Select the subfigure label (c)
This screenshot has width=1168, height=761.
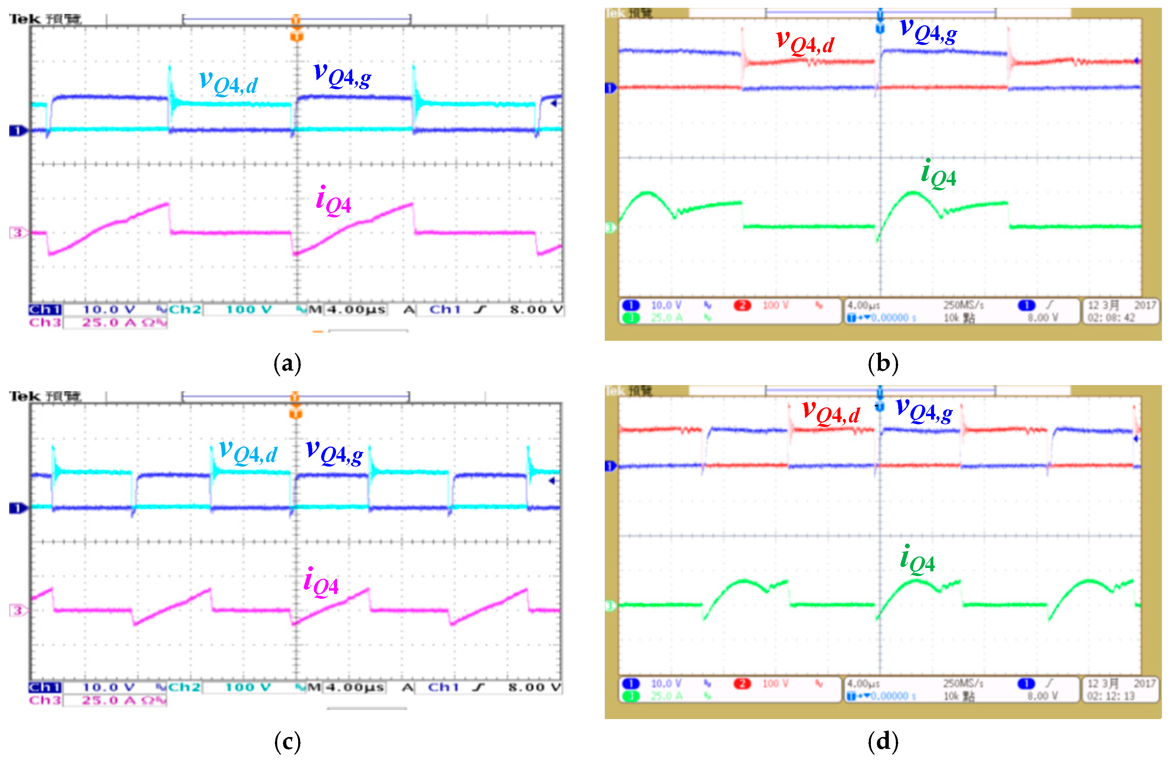(x=287, y=742)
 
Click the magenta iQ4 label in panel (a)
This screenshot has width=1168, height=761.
(x=334, y=201)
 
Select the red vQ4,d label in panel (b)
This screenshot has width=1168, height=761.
(x=805, y=41)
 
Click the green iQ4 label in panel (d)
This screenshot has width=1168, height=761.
(x=917, y=560)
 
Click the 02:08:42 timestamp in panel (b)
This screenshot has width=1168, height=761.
(x=1111, y=318)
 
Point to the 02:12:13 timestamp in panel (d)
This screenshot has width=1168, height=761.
(x=1111, y=696)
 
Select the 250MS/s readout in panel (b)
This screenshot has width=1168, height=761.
(x=963, y=305)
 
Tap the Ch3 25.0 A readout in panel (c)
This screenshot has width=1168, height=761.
(x=98, y=700)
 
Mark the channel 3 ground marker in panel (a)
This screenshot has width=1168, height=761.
(x=18, y=233)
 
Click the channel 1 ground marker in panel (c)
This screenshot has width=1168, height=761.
(x=18, y=508)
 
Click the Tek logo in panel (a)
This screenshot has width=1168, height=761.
(x=25, y=19)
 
